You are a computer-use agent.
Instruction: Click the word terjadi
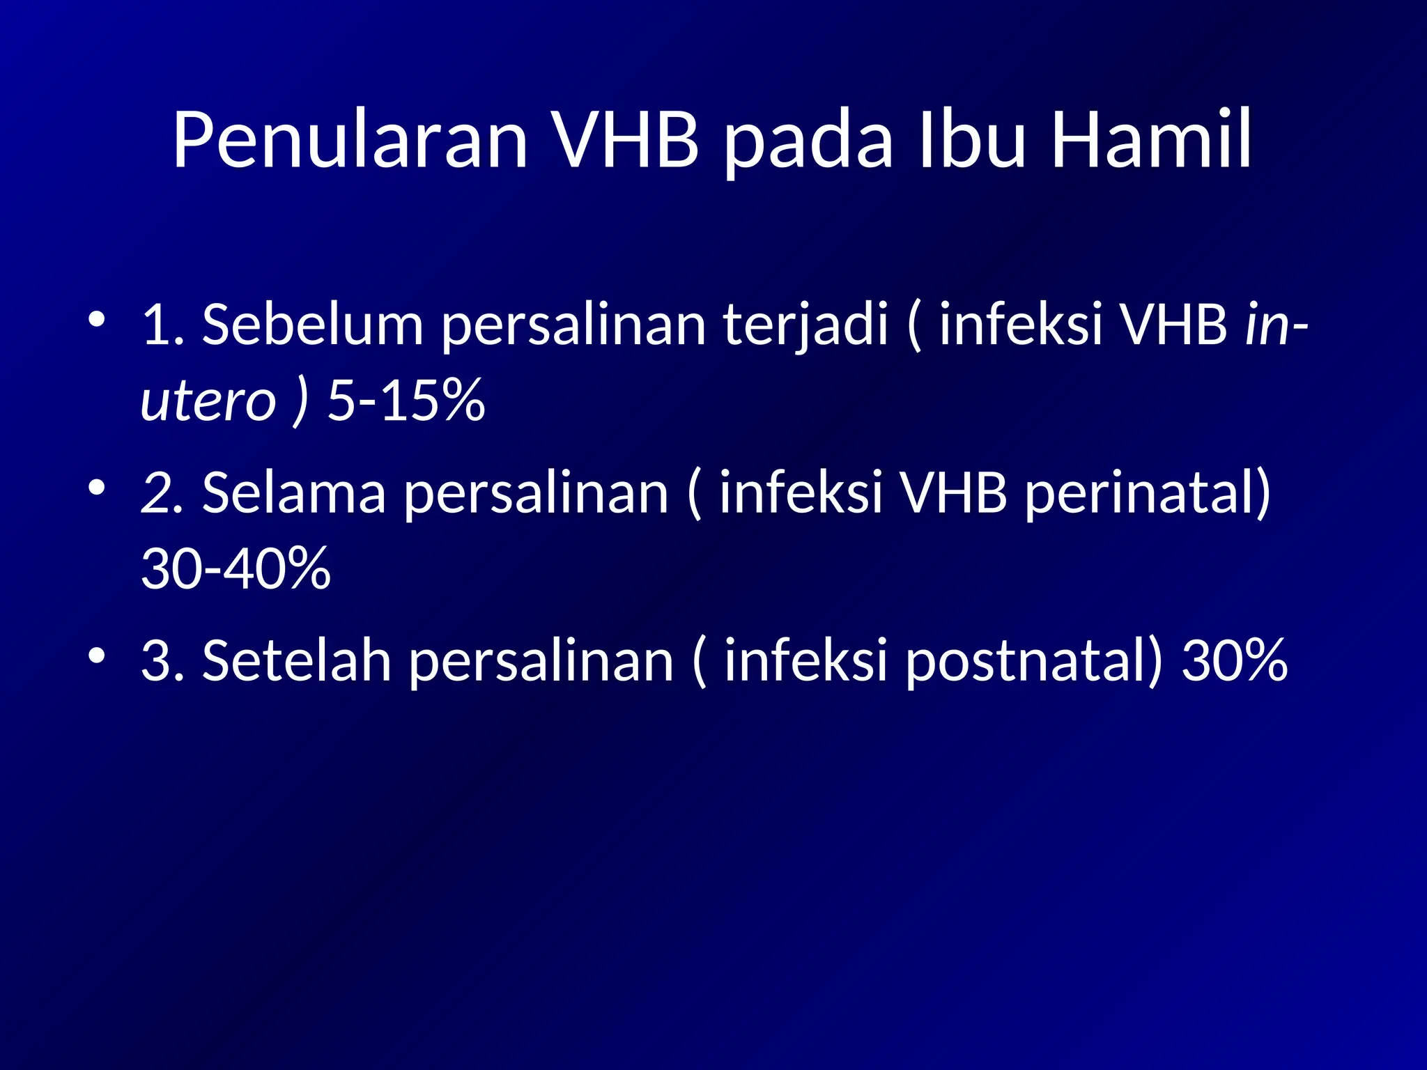click(x=805, y=325)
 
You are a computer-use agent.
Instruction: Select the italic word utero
click(x=208, y=401)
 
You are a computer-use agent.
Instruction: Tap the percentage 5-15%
click(x=406, y=401)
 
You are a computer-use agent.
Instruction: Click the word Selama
click(x=293, y=493)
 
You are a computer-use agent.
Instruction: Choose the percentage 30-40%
click(x=236, y=568)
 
